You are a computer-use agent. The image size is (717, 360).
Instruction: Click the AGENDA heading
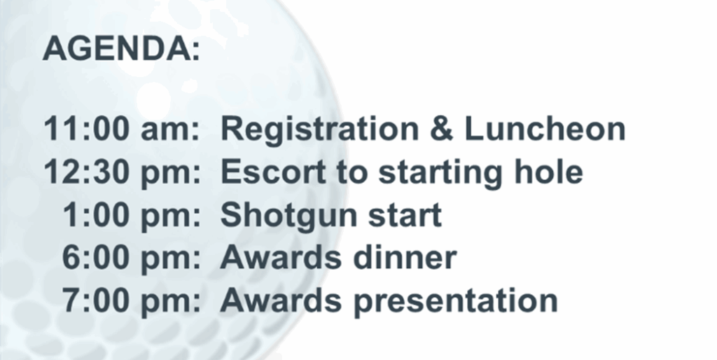(121, 48)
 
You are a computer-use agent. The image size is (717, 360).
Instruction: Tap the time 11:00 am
(122, 129)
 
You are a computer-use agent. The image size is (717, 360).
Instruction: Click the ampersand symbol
(441, 129)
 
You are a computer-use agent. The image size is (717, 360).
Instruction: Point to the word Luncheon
(545, 129)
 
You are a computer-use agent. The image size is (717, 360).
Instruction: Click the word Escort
(274, 172)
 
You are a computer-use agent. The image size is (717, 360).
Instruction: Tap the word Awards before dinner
(281, 258)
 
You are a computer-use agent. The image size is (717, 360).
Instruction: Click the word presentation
(455, 303)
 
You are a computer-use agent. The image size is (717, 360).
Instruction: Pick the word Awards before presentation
(281, 300)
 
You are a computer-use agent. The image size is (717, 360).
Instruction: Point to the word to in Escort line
(353, 172)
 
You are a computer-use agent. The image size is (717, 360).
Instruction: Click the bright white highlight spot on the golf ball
(153, 99)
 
